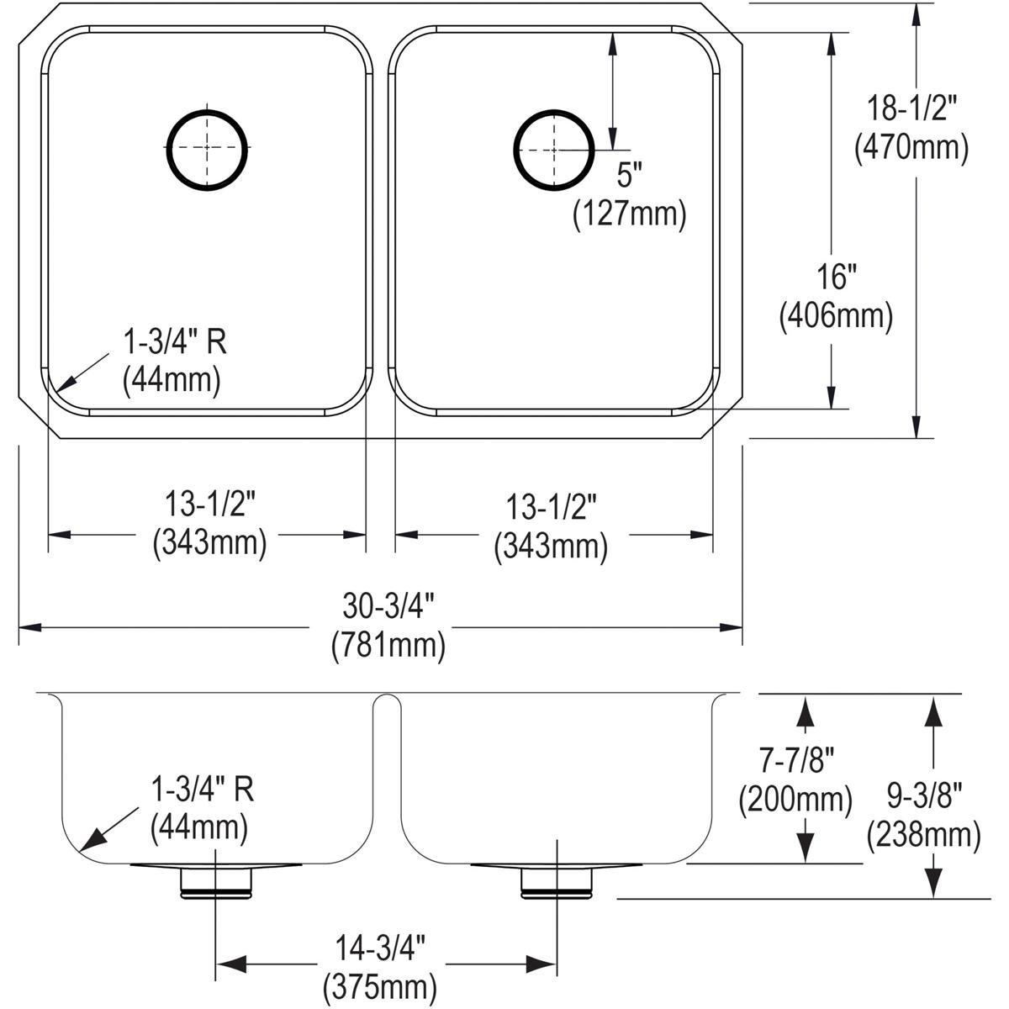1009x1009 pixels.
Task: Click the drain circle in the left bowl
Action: pyautogui.click(x=207, y=148)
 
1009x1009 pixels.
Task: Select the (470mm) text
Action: pyautogui.click(x=911, y=148)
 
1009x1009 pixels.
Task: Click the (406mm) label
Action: pyautogui.click(x=835, y=315)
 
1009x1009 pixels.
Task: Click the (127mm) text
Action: pyautogui.click(x=629, y=214)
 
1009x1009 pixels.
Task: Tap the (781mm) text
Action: pyautogui.click(x=388, y=645)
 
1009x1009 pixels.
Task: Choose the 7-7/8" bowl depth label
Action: pyautogui.click(x=795, y=761)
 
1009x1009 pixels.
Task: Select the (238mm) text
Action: pyautogui.click(x=923, y=835)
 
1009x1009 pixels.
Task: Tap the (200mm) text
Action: pyautogui.click(x=795, y=799)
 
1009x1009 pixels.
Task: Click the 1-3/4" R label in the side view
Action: pyautogui.click(x=202, y=790)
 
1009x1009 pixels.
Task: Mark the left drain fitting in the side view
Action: pyautogui.click(x=216, y=880)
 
